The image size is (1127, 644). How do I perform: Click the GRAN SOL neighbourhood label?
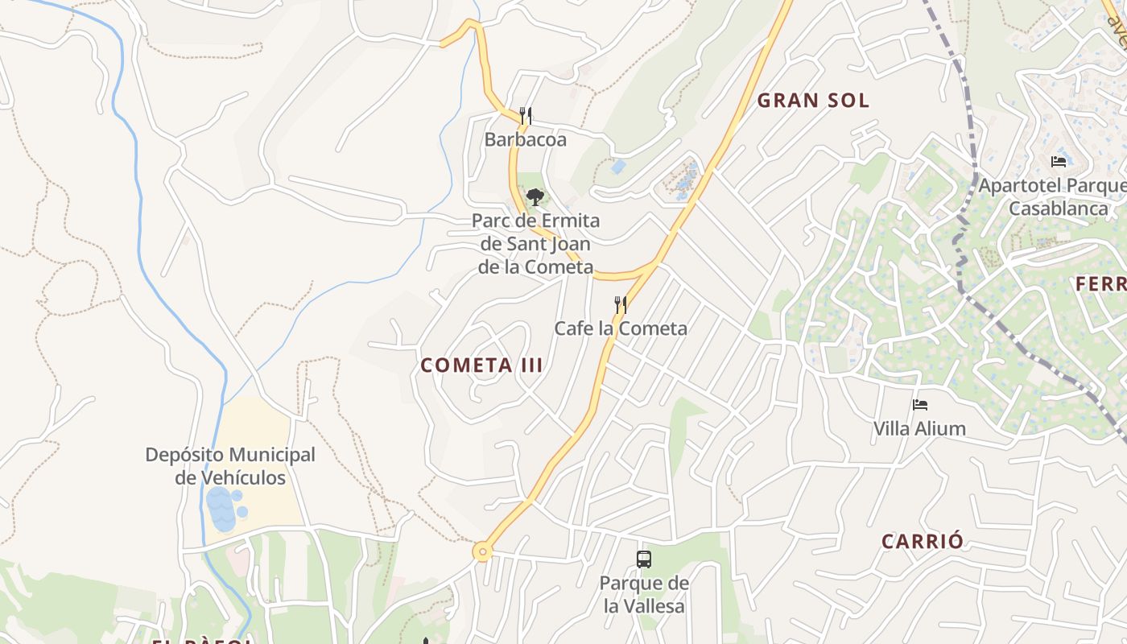(x=813, y=101)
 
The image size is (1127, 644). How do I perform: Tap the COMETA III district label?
(x=481, y=365)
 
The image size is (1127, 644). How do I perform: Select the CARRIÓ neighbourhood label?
(x=922, y=541)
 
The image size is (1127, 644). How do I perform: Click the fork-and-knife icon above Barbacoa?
(x=526, y=116)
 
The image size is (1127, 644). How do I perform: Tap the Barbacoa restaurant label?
(x=526, y=139)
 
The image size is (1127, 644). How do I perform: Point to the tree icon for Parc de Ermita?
(x=535, y=196)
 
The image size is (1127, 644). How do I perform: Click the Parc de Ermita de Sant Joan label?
(x=535, y=244)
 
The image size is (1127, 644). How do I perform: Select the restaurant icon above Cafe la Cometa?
(x=620, y=305)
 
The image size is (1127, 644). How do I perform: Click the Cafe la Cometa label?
(x=620, y=328)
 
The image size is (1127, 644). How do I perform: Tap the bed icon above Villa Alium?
(x=920, y=405)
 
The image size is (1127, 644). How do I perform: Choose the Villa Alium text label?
(x=919, y=428)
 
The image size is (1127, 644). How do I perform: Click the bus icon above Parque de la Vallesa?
(x=643, y=559)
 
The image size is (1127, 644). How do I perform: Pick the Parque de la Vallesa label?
(x=644, y=594)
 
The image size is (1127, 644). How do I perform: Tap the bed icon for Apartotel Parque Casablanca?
(x=1059, y=162)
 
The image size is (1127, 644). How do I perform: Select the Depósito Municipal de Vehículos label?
(x=230, y=466)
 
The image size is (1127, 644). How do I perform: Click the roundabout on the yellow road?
(x=482, y=551)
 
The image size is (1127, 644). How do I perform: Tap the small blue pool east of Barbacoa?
(x=618, y=167)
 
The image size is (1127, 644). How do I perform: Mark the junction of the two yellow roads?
(x=656, y=262)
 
